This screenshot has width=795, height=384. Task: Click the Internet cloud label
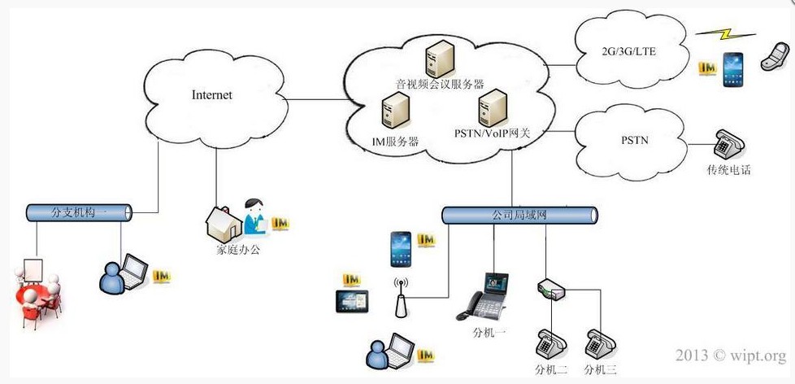pos(212,95)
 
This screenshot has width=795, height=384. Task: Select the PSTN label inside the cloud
pos(634,139)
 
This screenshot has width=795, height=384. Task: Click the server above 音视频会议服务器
pos(439,59)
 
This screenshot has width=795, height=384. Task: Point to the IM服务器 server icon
pos(396,110)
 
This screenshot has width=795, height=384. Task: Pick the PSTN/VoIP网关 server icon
pos(493,107)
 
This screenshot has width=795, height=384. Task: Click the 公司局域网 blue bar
pos(519,215)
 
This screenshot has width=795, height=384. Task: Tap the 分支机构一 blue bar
pos(80,212)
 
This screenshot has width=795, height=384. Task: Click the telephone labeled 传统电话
pos(729,145)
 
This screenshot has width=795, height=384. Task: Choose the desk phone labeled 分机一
pos(482,297)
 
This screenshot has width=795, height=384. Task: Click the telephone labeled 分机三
pos(601,344)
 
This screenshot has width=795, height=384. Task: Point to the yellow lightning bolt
pos(726,35)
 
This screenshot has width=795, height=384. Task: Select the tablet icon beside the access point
pos(352,301)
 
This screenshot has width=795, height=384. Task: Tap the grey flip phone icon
pos(775,56)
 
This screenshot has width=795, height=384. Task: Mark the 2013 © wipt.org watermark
pos(731,355)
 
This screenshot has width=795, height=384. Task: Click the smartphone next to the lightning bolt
pos(732,69)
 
